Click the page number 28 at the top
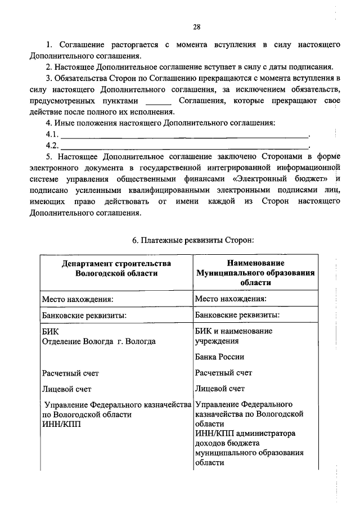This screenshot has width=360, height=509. [197, 26]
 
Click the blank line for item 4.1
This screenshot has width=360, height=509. [185, 135]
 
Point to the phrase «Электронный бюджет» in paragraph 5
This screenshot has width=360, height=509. [286, 178]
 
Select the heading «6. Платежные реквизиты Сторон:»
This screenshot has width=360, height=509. [193, 240]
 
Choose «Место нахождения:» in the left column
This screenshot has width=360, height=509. [78, 299]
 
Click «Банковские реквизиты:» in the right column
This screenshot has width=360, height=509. [237, 315]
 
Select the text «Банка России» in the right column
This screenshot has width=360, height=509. [220, 357]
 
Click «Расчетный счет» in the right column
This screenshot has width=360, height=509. [224, 372]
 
